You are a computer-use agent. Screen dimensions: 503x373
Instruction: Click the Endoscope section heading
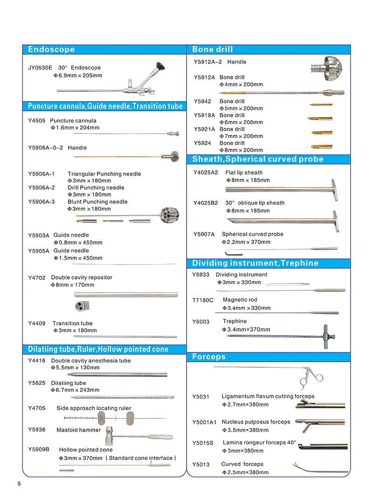point(51,49)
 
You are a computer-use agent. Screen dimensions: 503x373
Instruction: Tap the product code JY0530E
point(40,68)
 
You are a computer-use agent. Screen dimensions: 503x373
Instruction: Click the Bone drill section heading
point(213,49)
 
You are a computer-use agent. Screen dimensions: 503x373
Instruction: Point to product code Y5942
point(202,101)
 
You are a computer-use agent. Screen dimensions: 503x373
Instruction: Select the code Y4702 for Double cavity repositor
point(37,278)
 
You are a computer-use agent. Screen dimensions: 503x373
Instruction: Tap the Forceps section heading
point(209,357)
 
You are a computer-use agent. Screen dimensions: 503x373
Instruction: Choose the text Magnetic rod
point(240,300)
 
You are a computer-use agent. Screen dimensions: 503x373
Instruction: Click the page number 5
point(19,484)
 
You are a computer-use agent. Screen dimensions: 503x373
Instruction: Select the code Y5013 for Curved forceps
point(201,465)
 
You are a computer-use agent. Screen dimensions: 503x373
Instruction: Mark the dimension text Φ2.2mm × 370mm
point(246,242)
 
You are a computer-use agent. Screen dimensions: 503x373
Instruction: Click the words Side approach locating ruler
point(94,408)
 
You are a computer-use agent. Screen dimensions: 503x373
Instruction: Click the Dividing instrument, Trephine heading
point(256,263)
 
